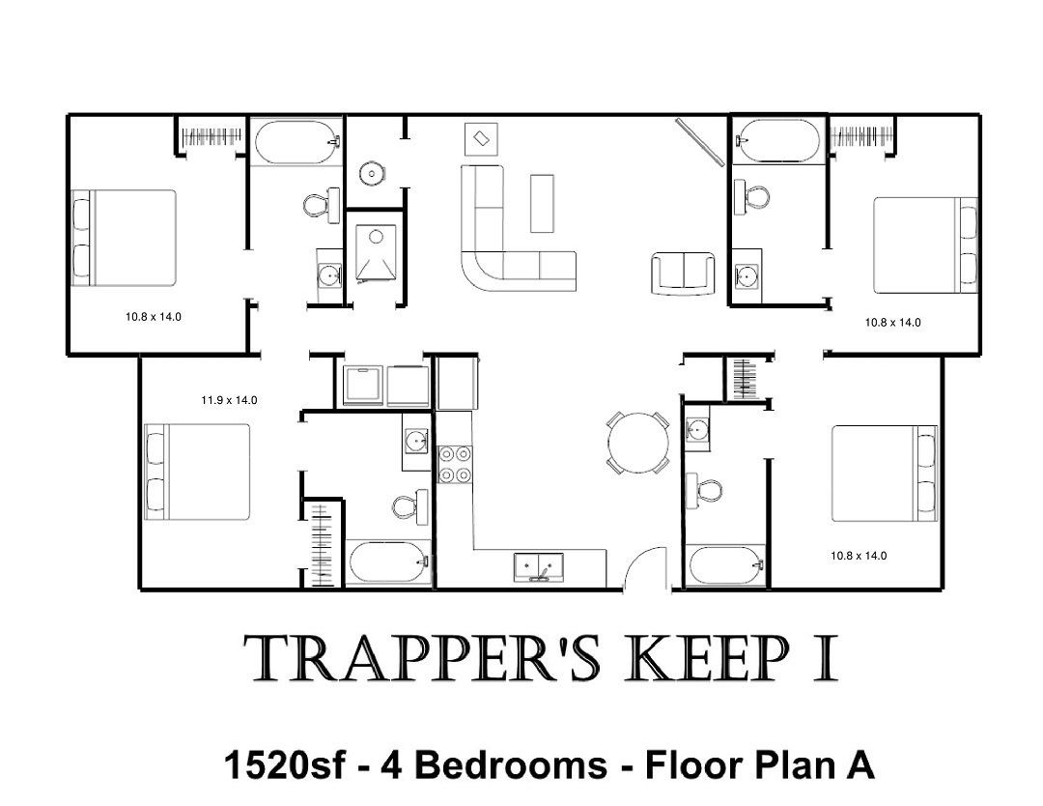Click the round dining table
[638, 444]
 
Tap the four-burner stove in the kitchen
[455, 464]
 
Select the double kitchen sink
[539, 566]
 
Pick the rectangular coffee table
[542, 203]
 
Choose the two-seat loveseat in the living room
[683, 273]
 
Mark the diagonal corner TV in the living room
[699, 142]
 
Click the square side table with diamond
[481, 139]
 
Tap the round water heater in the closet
[371, 173]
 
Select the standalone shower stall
[375, 253]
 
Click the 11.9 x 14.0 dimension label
[229, 400]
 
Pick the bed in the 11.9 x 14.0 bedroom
[198, 472]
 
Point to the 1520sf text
[285, 764]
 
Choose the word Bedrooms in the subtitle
[512, 764]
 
